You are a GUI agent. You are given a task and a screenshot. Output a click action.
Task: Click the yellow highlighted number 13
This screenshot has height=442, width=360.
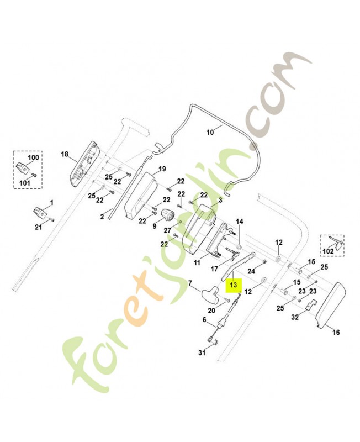234,285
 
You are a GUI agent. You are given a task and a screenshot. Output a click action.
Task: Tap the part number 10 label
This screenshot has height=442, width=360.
210,132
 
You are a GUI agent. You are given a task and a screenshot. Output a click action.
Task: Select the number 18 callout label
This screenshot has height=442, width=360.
65,154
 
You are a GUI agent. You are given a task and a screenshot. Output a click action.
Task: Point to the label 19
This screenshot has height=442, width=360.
162,169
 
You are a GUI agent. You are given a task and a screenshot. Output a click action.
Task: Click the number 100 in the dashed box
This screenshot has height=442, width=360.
33,157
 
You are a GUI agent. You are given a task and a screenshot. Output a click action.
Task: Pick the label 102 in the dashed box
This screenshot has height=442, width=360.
328,251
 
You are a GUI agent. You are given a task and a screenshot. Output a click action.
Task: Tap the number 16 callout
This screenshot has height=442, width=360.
336,333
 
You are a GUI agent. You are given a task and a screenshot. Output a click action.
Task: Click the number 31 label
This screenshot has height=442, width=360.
202,352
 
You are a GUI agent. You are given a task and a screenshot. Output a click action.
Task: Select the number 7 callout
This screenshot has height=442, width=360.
190,282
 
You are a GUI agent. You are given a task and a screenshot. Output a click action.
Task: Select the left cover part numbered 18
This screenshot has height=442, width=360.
84,164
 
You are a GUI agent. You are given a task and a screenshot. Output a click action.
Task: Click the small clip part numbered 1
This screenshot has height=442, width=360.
40,212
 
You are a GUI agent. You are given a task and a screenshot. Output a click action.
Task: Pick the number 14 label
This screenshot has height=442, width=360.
239,222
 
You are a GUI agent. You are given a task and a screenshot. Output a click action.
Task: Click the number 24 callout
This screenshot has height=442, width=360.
251,271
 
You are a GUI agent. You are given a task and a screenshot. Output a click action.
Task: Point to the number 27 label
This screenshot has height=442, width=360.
167,230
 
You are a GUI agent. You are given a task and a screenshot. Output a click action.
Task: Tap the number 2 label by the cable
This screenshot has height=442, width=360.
102,217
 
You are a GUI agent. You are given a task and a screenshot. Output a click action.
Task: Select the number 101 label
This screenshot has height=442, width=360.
24,183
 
